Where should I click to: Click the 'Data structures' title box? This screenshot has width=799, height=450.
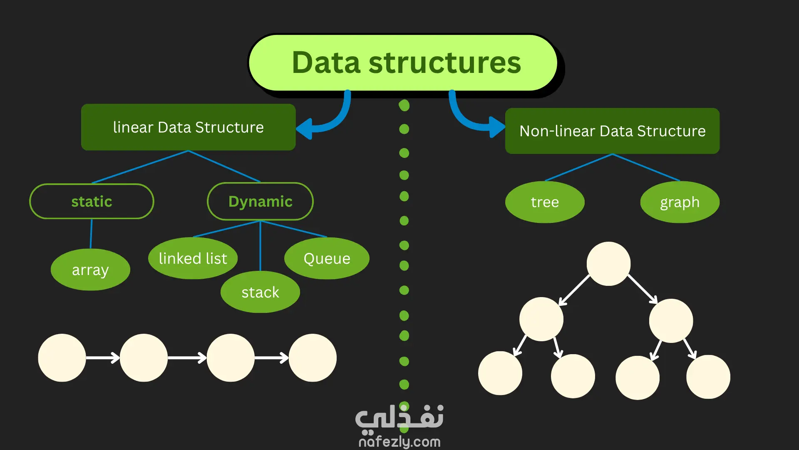pyautogui.click(x=403, y=62)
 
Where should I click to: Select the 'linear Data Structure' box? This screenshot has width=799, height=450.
pyautogui.click(x=188, y=127)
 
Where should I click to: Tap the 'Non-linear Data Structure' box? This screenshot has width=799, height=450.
pyautogui.click(x=612, y=131)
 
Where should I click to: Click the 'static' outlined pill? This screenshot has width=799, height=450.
pyautogui.click(x=92, y=201)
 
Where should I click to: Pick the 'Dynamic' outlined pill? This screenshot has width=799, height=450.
pyautogui.click(x=260, y=201)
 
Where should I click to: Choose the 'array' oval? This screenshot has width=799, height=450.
pyautogui.click(x=90, y=270)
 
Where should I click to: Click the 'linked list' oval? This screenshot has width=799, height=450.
pyautogui.click(x=193, y=258)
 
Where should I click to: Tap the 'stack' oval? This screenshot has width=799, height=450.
pyautogui.click(x=260, y=292)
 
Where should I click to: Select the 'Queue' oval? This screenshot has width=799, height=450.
pyautogui.click(x=327, y=258)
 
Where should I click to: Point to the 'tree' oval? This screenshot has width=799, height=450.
pyautogui.click(x=545, y=202)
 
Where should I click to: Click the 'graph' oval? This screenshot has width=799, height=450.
pyautogui.click(x=680, y=202)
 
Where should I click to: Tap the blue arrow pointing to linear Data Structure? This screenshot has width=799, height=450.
pyautogui.click(x=329, y=119)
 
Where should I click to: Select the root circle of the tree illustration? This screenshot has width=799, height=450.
pyautogui.click(x=608, y=264)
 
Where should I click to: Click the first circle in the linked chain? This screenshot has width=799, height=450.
pyautogui.click(x=62, y=357)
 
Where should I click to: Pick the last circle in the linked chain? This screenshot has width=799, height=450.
pyautogui.click(x=313, y=357)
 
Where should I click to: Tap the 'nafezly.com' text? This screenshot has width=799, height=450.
pyautogui.click(x=399, y=442)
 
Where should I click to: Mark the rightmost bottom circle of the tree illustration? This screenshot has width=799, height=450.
pyautogui.click(x=708, y=377)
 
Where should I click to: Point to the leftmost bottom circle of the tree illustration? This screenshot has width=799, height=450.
pyautogui.click(x=500, y=373)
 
